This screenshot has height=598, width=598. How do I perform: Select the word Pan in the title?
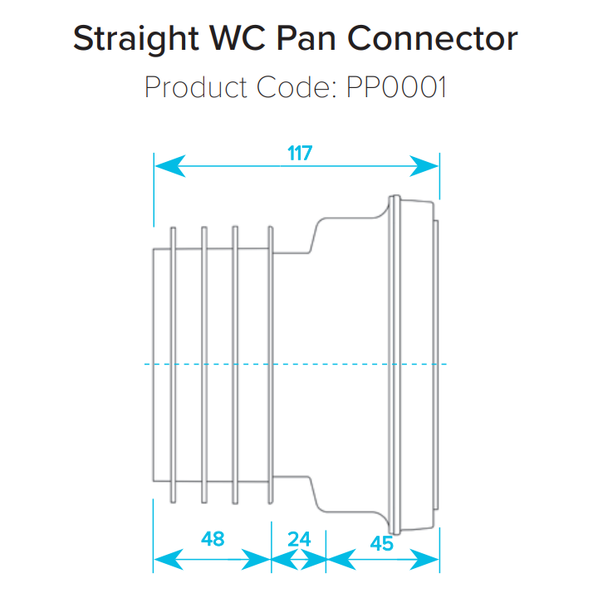click(321, 39)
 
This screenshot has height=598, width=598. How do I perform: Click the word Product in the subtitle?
click(198, 86)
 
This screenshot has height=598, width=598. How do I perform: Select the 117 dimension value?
click(299, 154)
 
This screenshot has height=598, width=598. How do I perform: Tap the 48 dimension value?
click(213, 539)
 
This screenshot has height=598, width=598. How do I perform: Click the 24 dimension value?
click(299, 539)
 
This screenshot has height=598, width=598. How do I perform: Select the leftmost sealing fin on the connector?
click(172, 364)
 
